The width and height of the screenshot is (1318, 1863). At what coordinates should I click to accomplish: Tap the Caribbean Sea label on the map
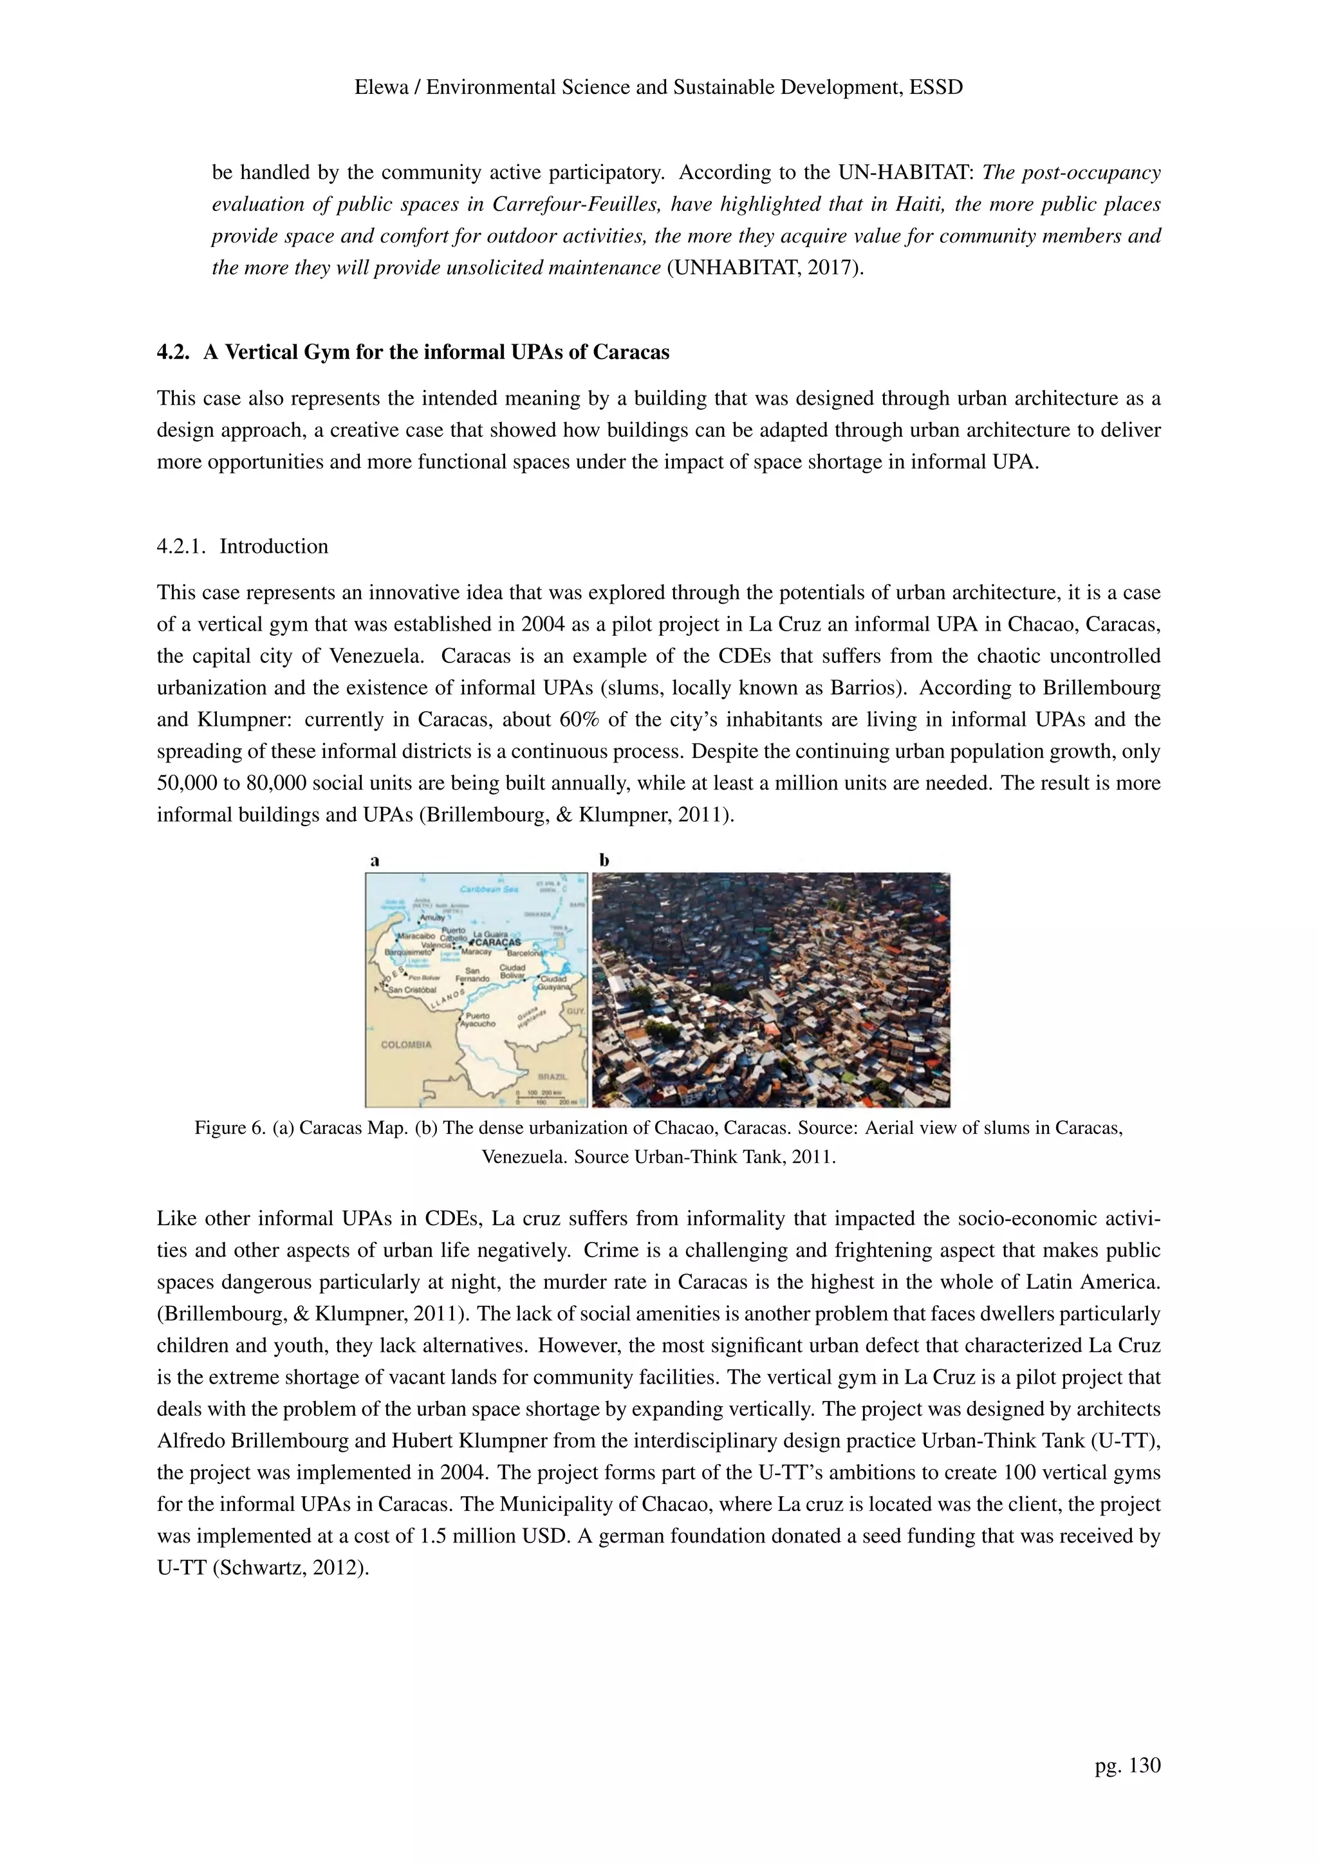click(x=488, y=889)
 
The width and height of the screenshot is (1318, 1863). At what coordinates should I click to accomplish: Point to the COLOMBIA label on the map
click(x=406, y=1044)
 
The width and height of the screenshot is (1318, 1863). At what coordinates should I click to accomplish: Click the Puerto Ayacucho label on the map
click(x=478, y=1020)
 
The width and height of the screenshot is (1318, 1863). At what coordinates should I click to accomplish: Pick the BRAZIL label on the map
click(x=552, y=1076)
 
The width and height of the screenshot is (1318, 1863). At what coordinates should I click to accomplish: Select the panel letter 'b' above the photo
click(x=604, y=860)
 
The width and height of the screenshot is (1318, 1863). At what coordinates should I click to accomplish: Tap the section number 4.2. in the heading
click(x=174, y=352)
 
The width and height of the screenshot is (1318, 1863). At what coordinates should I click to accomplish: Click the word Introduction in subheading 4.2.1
click(x=274, y=546)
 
